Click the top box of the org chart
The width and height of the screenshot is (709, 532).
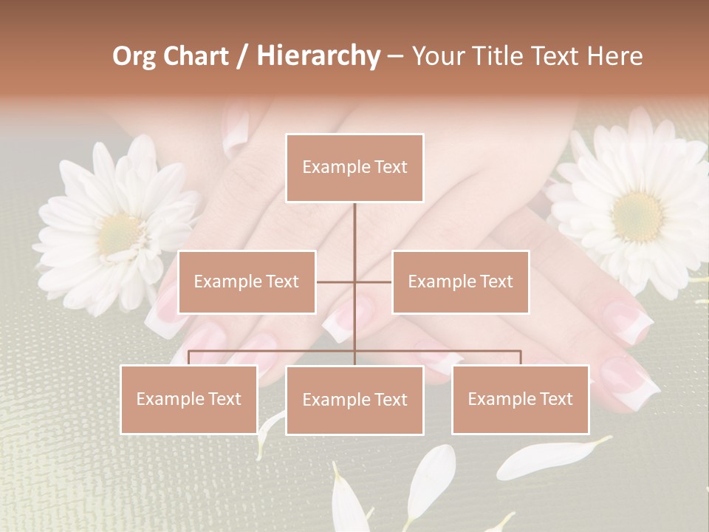(x=354, y=168)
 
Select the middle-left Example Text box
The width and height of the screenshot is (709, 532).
(x=247, y=282)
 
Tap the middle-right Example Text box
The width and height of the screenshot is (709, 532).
(x=460, y=282)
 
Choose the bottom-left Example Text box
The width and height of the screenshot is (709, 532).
(x=189, y=399)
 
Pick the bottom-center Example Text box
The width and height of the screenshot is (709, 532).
(x=354, y=400)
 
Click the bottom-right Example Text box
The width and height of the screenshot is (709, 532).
(x=520, y=399)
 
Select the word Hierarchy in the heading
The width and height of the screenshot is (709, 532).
(x=318, y=56)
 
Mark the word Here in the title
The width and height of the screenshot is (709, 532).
(x=614, y=56)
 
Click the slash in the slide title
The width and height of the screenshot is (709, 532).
(x=242, y=56)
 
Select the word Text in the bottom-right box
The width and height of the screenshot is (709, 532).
(x=555, y=399)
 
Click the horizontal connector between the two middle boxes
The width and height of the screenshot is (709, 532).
(x=354, y=282)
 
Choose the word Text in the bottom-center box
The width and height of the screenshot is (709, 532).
(x=390, y=400)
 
